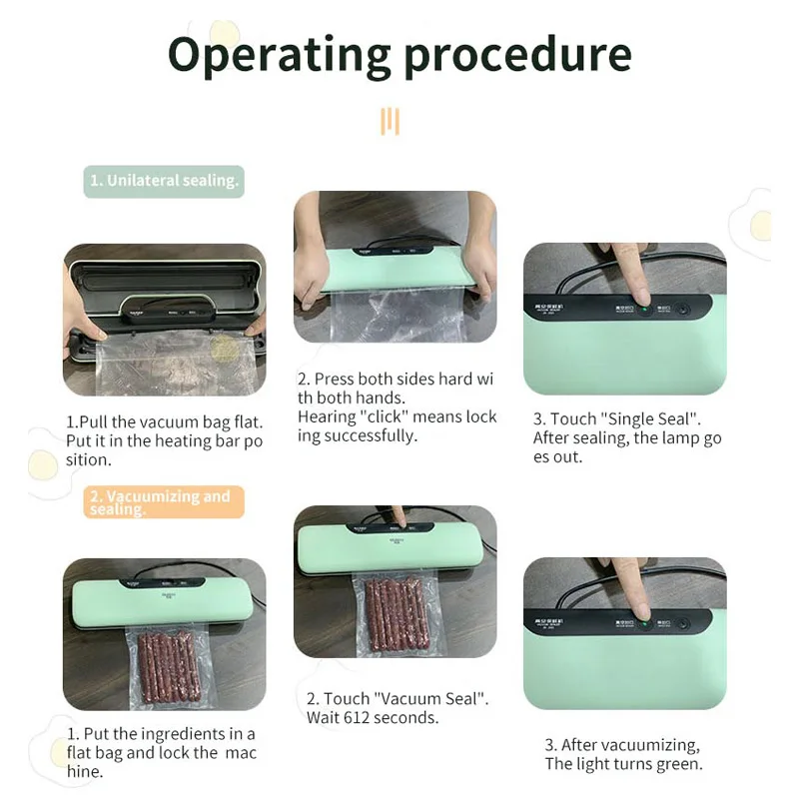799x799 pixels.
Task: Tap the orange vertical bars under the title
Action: [x=390, y=122]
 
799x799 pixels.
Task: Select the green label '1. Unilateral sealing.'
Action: [x=164, y=181]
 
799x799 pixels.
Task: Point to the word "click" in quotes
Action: [x=380, y=416]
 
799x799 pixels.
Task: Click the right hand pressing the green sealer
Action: [x=481, y=275]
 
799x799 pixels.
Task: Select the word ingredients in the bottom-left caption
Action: [x=200, y=734]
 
